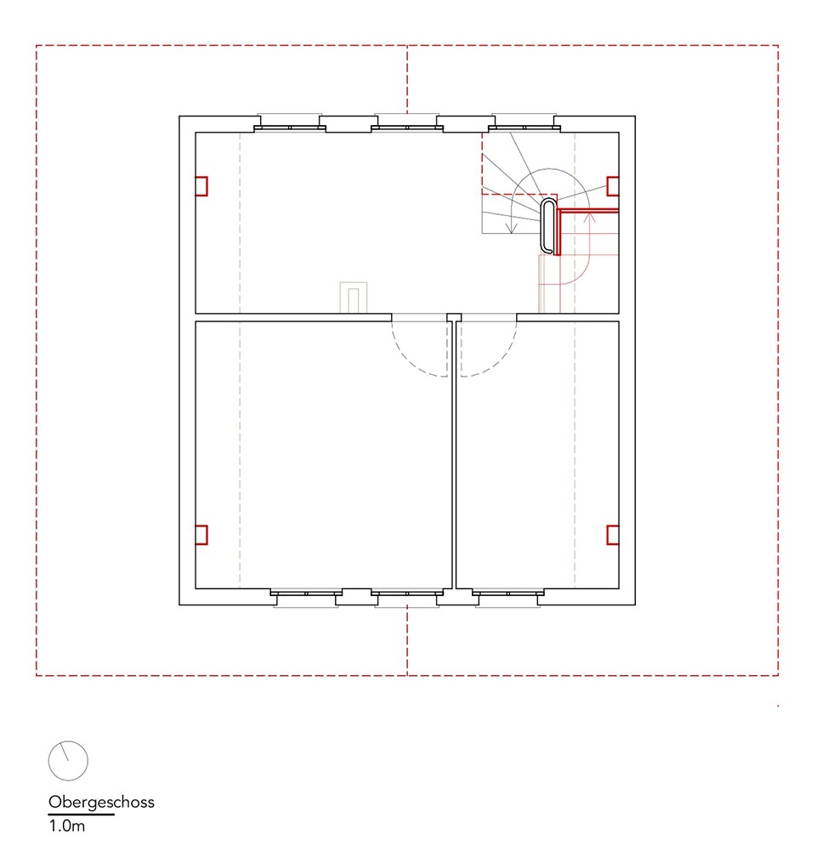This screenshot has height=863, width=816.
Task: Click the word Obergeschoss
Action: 101,803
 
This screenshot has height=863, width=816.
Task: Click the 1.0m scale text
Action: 66,826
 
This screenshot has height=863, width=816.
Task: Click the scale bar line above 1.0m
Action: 82,815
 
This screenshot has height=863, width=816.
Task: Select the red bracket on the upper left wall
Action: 207,186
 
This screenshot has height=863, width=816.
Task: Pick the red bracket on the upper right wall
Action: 608,186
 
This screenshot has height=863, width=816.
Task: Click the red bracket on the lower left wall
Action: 207,535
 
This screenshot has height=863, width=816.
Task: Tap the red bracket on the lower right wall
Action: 608,535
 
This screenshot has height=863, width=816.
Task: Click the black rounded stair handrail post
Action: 542,225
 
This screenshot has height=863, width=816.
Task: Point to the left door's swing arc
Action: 408,361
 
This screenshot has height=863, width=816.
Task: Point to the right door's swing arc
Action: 501,361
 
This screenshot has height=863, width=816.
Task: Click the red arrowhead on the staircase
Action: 589,217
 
